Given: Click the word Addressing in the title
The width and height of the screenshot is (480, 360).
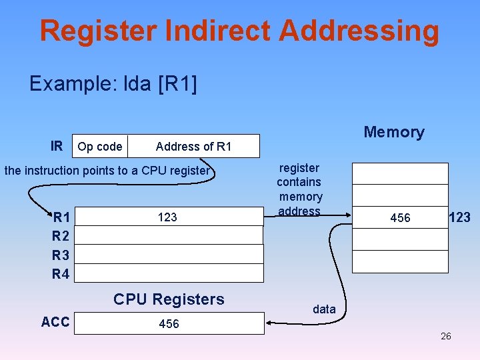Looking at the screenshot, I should click(359, 31).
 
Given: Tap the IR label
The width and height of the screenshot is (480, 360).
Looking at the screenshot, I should click(57, 146).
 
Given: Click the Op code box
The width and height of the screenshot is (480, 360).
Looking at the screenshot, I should click(99, 147).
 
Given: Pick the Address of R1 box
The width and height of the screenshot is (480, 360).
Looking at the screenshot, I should click(193, 147).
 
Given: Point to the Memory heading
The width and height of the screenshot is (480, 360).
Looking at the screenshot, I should click(393, 132).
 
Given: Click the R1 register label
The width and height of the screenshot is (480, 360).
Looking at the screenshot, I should click(62, 217).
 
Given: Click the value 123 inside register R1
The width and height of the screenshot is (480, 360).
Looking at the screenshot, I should click(167, 217).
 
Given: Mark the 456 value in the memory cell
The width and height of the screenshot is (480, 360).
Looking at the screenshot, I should click(400, 218).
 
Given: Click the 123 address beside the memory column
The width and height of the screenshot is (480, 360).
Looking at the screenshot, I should click(459, 217).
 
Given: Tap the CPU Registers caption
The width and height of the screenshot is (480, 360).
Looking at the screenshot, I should click(169, 299).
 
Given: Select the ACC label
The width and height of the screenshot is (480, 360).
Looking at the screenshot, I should click(55, 323).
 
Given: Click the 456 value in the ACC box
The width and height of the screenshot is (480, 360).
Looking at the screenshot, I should click(169, 324).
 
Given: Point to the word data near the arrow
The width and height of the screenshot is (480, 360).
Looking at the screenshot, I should click(324, 309).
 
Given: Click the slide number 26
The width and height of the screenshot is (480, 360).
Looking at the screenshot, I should click(445, 336).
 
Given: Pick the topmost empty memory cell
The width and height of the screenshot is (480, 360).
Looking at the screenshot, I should click(400, 173).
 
